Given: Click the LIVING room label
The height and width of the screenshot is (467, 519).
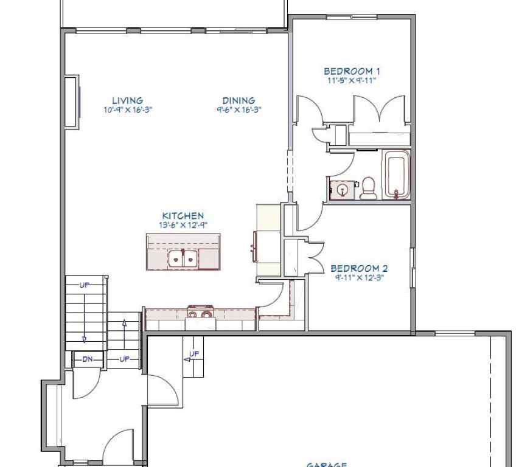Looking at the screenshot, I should click(x=127, y=100).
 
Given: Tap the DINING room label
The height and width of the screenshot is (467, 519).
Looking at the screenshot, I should click(x=238, y=100).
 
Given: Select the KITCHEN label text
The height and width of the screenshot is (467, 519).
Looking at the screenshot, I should click(x=183, y=216).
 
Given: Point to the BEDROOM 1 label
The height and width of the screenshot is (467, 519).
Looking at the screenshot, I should click(x=352, y=71).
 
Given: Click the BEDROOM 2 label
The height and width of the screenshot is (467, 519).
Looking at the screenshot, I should click(x=359, y=268).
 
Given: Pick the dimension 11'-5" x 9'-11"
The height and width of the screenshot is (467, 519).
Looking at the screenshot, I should click(x=352, y=80).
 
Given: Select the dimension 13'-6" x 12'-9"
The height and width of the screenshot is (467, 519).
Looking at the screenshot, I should click(x=183, y=224).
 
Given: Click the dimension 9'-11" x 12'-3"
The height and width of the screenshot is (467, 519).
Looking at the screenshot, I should click(x=359, y=277).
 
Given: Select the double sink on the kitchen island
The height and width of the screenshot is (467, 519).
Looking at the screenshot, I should click(x=183, y=259).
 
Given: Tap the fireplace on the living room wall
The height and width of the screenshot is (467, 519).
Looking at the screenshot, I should click(x=72, y=102).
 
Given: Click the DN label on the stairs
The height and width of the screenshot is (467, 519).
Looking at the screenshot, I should click(x=88, y=359).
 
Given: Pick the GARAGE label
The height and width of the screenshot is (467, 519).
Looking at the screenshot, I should click(x=326, y=465).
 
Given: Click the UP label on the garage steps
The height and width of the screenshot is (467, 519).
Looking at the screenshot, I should click(x=193, y=354).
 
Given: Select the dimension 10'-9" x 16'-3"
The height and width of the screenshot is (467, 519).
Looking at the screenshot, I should click(x=127, y=110).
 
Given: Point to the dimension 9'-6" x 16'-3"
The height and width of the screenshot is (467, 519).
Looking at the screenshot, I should click(x=238, y=110).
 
